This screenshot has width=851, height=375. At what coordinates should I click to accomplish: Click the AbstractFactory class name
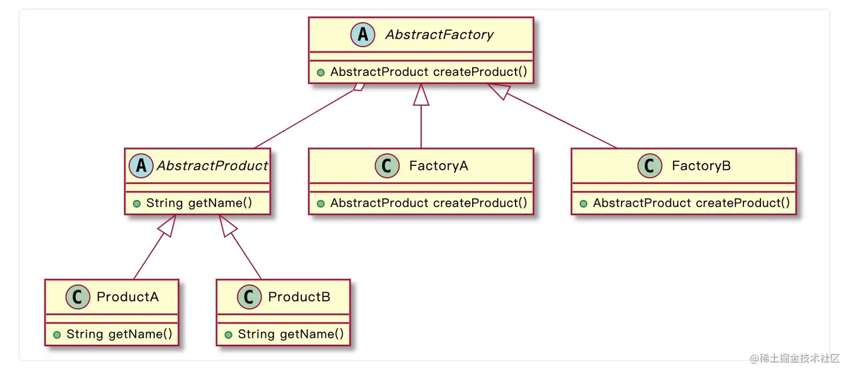click(439, 35)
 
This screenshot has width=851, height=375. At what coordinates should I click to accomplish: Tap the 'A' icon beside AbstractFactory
click(363, 35)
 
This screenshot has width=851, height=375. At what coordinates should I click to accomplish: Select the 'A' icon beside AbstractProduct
click(141, 166)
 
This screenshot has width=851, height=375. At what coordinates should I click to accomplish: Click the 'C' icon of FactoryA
click(387, 166)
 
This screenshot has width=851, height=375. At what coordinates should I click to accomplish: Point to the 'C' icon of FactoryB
click(650, 166)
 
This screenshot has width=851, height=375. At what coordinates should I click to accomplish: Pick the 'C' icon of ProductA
click(78, 297)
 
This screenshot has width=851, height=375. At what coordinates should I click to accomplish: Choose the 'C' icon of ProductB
click(249, 297)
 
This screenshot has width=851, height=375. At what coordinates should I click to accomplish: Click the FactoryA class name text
click(438, 166)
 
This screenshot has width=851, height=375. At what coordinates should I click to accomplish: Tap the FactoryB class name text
click(701, 166)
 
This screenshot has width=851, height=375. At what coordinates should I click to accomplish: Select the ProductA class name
click(128, 297)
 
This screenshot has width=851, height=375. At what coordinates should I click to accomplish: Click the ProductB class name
click(299, 297)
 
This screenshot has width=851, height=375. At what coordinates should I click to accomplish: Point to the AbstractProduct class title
click(212, 166)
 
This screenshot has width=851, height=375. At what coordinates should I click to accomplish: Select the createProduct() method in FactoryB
click(691, 203)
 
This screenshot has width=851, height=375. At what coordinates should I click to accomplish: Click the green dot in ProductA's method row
click(57, 335)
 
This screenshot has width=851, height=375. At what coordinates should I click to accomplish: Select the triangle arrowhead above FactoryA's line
click(421, 95)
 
